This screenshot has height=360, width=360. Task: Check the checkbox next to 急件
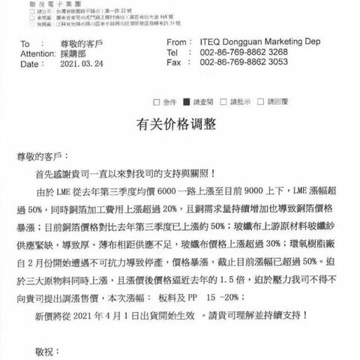coord(156,101)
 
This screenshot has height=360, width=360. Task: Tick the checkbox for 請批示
coord(227,101)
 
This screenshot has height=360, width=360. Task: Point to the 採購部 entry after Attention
coord(73,55)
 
